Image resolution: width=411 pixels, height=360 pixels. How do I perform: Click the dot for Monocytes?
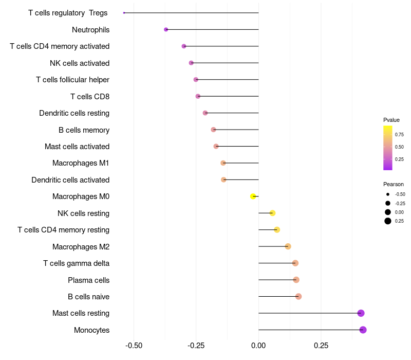[363, 330]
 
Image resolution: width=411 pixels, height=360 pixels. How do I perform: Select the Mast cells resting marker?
[361, 313]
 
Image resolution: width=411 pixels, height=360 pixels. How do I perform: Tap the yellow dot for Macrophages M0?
[253, 196]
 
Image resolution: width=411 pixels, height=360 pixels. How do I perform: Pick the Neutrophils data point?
[166, 29]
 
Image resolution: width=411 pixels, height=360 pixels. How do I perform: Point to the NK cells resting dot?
[272, 213]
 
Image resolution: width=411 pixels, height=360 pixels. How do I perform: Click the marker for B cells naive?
[298, 296]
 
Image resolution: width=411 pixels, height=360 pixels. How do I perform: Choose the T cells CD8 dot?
[198, 96]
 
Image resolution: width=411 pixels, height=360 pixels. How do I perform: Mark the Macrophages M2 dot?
[288, 246]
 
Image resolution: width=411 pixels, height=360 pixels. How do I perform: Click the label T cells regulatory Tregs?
[68, 13]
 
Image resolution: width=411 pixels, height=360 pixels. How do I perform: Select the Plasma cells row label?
[88, 280]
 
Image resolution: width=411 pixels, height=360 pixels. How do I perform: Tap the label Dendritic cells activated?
[70, 180]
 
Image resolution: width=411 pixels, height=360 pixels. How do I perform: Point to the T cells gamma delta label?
[76, 263]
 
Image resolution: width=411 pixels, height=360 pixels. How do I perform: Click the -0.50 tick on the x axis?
[134, 345]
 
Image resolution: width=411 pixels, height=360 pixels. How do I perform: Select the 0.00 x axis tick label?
[258, 345]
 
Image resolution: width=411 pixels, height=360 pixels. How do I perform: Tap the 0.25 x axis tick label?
[321, 345]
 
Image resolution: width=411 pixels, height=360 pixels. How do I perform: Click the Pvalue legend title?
[391, 120]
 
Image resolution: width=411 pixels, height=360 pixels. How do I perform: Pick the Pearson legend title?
[394, 184]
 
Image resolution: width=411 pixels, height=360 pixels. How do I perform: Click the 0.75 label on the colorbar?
[399, 135]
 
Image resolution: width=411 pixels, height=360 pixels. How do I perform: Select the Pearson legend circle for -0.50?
[388, 194]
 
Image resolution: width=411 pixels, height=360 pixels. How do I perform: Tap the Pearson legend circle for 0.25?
[388, 221]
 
